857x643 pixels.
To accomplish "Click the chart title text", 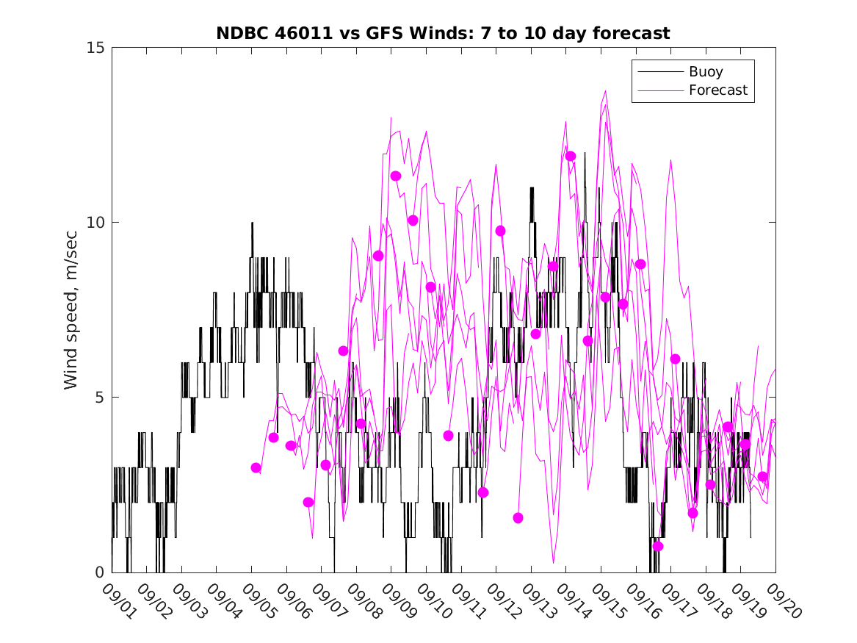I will (x=442, y=34).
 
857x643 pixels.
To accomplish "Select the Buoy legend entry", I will (x=705, y=72).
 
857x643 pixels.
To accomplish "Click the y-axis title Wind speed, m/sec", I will (x=71, y=310).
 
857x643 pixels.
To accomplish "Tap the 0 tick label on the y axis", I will (x=101, y=572).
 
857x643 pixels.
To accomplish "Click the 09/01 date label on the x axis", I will (x=118, y=600).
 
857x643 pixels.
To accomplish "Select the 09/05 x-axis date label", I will (x=258, y=600).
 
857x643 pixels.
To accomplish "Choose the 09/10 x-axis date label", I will (x=433, y=600).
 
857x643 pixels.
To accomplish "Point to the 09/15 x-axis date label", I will (x=607, y=600).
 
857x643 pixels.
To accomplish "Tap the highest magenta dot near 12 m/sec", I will (x=571, y=156).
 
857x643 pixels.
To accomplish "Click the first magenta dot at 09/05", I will (x=256, y=467).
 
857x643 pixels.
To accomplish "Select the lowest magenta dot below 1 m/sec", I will (x=658, y=546).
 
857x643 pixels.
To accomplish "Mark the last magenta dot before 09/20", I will (x=763, y=476).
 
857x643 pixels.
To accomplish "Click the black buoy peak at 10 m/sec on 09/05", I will (x=252, y=223).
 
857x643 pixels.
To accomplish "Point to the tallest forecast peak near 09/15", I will (x=606, y=91).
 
